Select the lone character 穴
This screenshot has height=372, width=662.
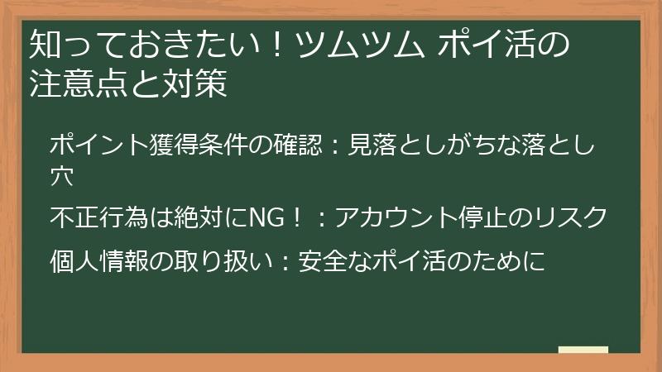[x=62, y=175]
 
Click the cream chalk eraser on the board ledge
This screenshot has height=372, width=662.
[x=583, y=350]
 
